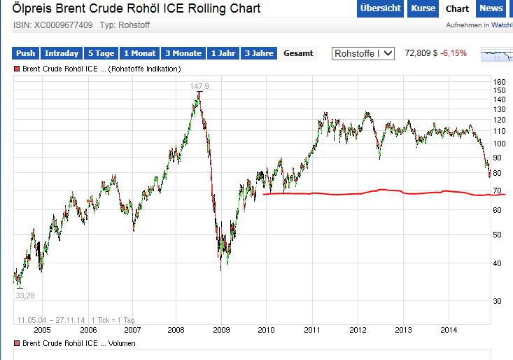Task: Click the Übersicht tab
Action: (380, 8)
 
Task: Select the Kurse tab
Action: (423, 8)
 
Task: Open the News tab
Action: (491, 8)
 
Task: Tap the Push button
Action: (26, 53)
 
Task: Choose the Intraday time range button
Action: (61, 53)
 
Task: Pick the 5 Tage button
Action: (101, 53)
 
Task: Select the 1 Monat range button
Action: (140, 53)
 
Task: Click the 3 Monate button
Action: (183, 53)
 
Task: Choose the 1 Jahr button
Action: (223, 53)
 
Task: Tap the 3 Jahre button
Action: (259, 53)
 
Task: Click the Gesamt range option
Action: (298, 53)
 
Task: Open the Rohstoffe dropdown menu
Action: (364, 53)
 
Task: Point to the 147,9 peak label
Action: (200, 85)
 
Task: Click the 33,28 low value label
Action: (24, 296)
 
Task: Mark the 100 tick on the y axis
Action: (499, 144)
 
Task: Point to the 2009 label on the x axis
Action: (221, 329)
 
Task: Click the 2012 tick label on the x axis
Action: (358, 329)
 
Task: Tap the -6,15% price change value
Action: (454, 53)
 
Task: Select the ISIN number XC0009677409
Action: (63, 25)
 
